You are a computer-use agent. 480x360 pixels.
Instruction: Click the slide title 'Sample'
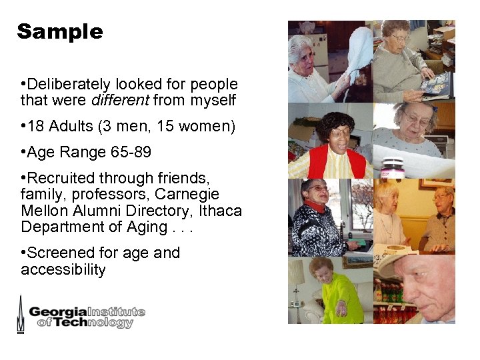click(x=60, y=31)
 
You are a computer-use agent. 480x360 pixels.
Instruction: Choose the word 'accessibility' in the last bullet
click(x=63, y=270)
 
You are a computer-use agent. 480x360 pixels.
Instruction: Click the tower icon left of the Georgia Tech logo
click(x=21, y=314)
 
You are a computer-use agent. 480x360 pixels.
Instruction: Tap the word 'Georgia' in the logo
click(x=58, y=311)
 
